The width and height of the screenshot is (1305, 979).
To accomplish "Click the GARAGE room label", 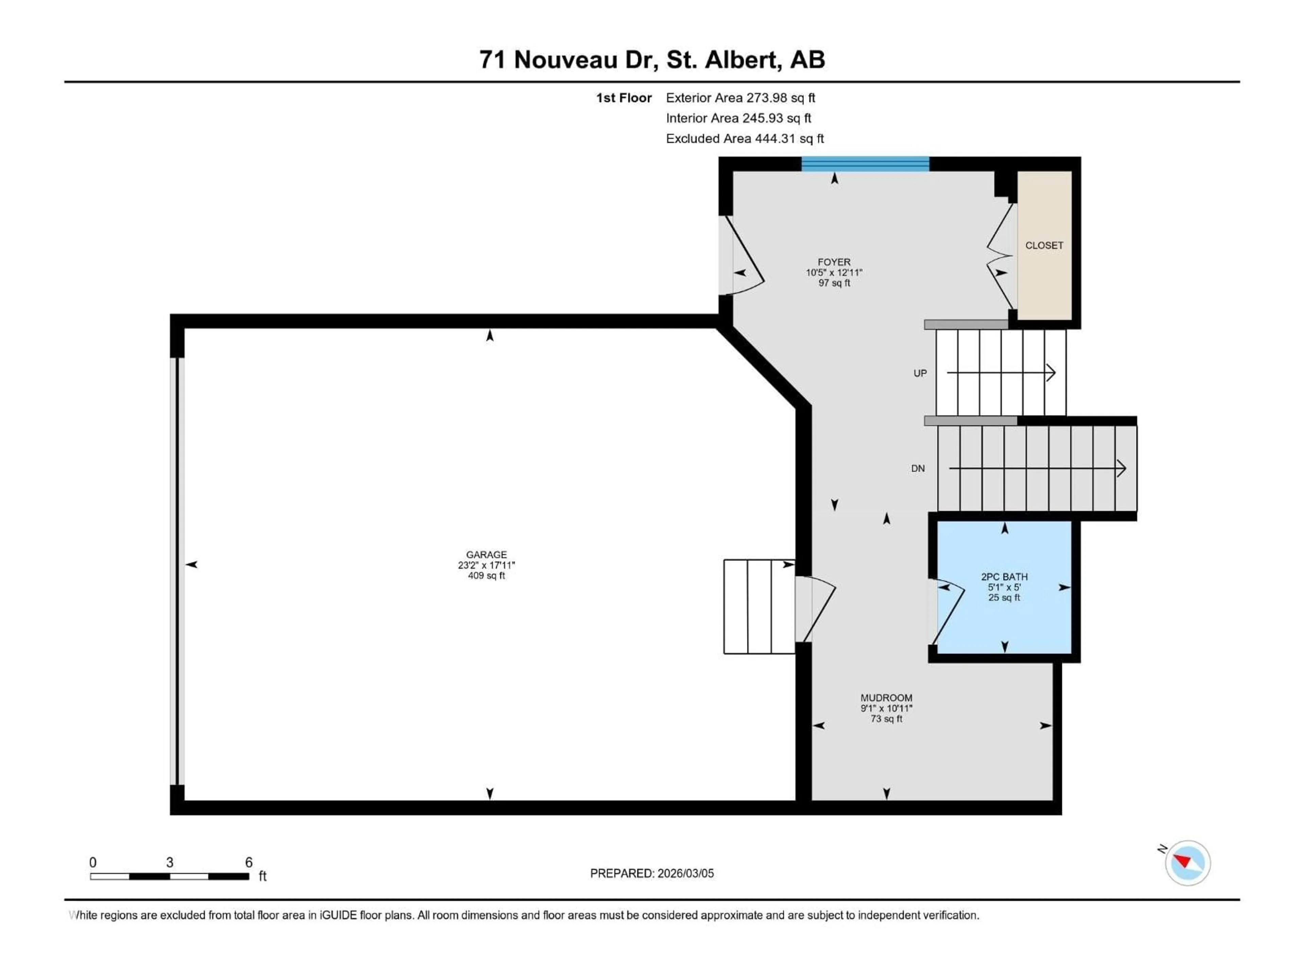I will point(486,555).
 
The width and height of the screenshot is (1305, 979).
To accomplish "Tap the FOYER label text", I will point(834,262).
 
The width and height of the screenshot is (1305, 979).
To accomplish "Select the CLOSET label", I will point(1044,245).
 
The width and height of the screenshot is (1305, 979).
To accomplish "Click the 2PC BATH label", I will point(1004,577).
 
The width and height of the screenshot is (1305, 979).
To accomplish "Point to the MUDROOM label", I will point(886,698).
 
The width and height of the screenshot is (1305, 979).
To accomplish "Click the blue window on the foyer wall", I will point(865,164).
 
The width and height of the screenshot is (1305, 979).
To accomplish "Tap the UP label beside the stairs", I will point(920,373).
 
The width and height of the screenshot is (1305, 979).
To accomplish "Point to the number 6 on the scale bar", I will point(248,862).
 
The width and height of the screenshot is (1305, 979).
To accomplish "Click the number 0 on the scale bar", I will point(93,862).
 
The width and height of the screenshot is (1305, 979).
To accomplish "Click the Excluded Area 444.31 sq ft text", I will point(745,139).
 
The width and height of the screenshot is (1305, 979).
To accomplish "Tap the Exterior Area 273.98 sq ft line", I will point(741,98).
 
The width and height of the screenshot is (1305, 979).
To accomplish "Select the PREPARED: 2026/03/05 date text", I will point(651,873).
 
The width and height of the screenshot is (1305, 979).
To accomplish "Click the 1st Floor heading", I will point(624,98).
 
